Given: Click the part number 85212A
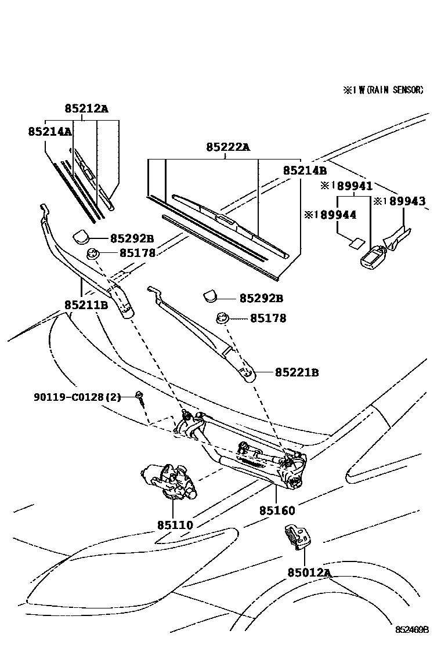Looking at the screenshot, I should (86, 108).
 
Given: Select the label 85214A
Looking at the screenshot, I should (49, 132).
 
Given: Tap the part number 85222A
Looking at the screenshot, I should (227, 147).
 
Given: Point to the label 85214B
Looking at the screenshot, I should (305, 171).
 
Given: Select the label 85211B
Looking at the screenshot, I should (86, 304).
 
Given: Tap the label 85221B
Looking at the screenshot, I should (297, 372).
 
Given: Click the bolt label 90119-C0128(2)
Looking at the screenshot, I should (77, 397).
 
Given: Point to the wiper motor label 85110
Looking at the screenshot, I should (175, 525).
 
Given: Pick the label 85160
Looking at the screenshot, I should (277, 511).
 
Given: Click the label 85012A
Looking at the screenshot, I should (308, 573).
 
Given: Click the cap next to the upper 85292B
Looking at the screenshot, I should (81, 236).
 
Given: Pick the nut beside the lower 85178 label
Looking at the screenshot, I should (221, 317).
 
